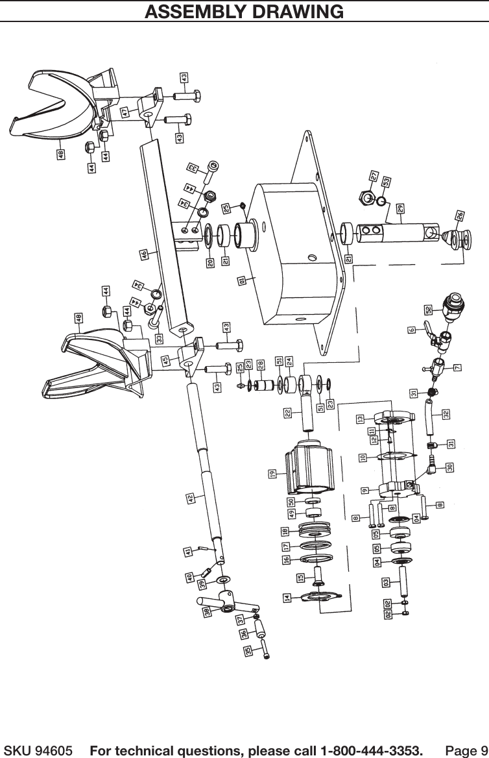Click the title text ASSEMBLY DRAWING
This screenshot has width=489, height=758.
click(244, 11)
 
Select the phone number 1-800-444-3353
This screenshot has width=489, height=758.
click(367, 751)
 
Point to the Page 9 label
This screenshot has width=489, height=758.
click(465, 751)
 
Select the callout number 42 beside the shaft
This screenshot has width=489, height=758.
click(191, 498)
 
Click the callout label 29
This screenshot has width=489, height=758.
click(401, 208)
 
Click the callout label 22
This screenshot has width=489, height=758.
click(287, 412)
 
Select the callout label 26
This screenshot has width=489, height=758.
click(459, 215)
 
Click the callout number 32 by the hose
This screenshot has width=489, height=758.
click(446, 413)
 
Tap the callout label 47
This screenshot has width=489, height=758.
click(125, 112)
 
